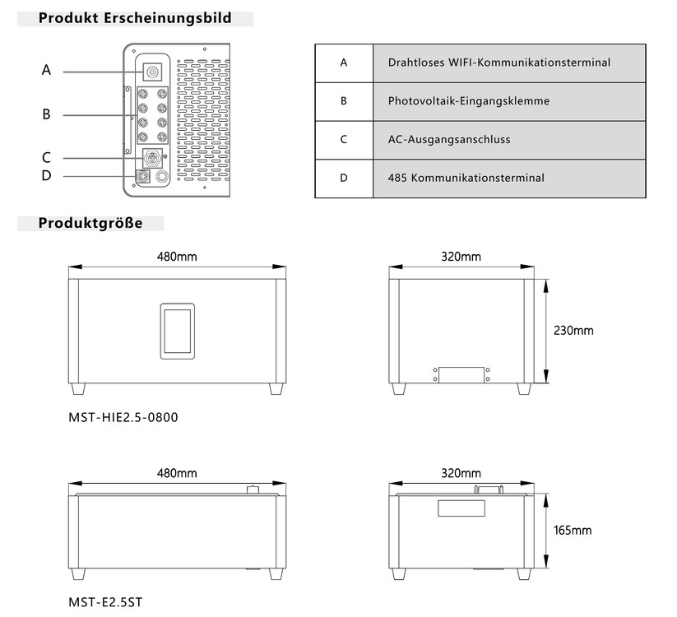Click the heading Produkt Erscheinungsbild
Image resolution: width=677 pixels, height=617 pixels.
135,18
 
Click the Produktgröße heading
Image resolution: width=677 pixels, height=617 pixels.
90,223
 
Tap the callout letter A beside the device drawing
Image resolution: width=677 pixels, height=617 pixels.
46,69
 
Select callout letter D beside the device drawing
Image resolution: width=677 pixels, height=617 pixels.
46,175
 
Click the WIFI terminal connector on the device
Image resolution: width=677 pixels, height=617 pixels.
152,72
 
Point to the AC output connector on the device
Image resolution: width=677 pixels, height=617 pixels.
152,158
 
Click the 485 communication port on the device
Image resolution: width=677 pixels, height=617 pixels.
142,177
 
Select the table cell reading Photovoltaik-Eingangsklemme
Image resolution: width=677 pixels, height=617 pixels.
509,101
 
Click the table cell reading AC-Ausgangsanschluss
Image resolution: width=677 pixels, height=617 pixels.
509,140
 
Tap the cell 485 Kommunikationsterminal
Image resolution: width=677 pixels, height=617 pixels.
509,179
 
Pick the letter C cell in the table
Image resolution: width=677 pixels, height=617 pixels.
344,140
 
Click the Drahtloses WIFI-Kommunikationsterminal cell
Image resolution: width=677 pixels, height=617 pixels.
509,63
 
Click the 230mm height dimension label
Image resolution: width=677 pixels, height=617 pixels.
573,331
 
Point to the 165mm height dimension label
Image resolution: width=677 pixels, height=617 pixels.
573,531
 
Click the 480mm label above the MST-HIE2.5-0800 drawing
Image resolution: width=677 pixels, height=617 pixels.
177,257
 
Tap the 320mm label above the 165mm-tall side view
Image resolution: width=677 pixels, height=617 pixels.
461,473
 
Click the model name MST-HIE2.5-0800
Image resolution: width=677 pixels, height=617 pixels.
123,418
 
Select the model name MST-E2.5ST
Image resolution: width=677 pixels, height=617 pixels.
105,602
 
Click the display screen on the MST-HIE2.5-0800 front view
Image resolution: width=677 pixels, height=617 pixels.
178,332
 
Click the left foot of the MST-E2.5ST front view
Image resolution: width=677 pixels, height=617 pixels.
78,574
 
